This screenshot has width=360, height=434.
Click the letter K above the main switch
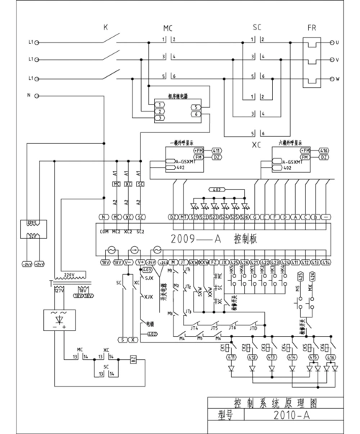pos(105,27)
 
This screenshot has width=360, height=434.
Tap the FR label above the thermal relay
pos(312,27)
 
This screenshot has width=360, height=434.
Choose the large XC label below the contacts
pos(255,144)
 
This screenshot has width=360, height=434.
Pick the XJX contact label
pos(149,297)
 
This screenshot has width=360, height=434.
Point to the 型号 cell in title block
pos(226,415)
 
